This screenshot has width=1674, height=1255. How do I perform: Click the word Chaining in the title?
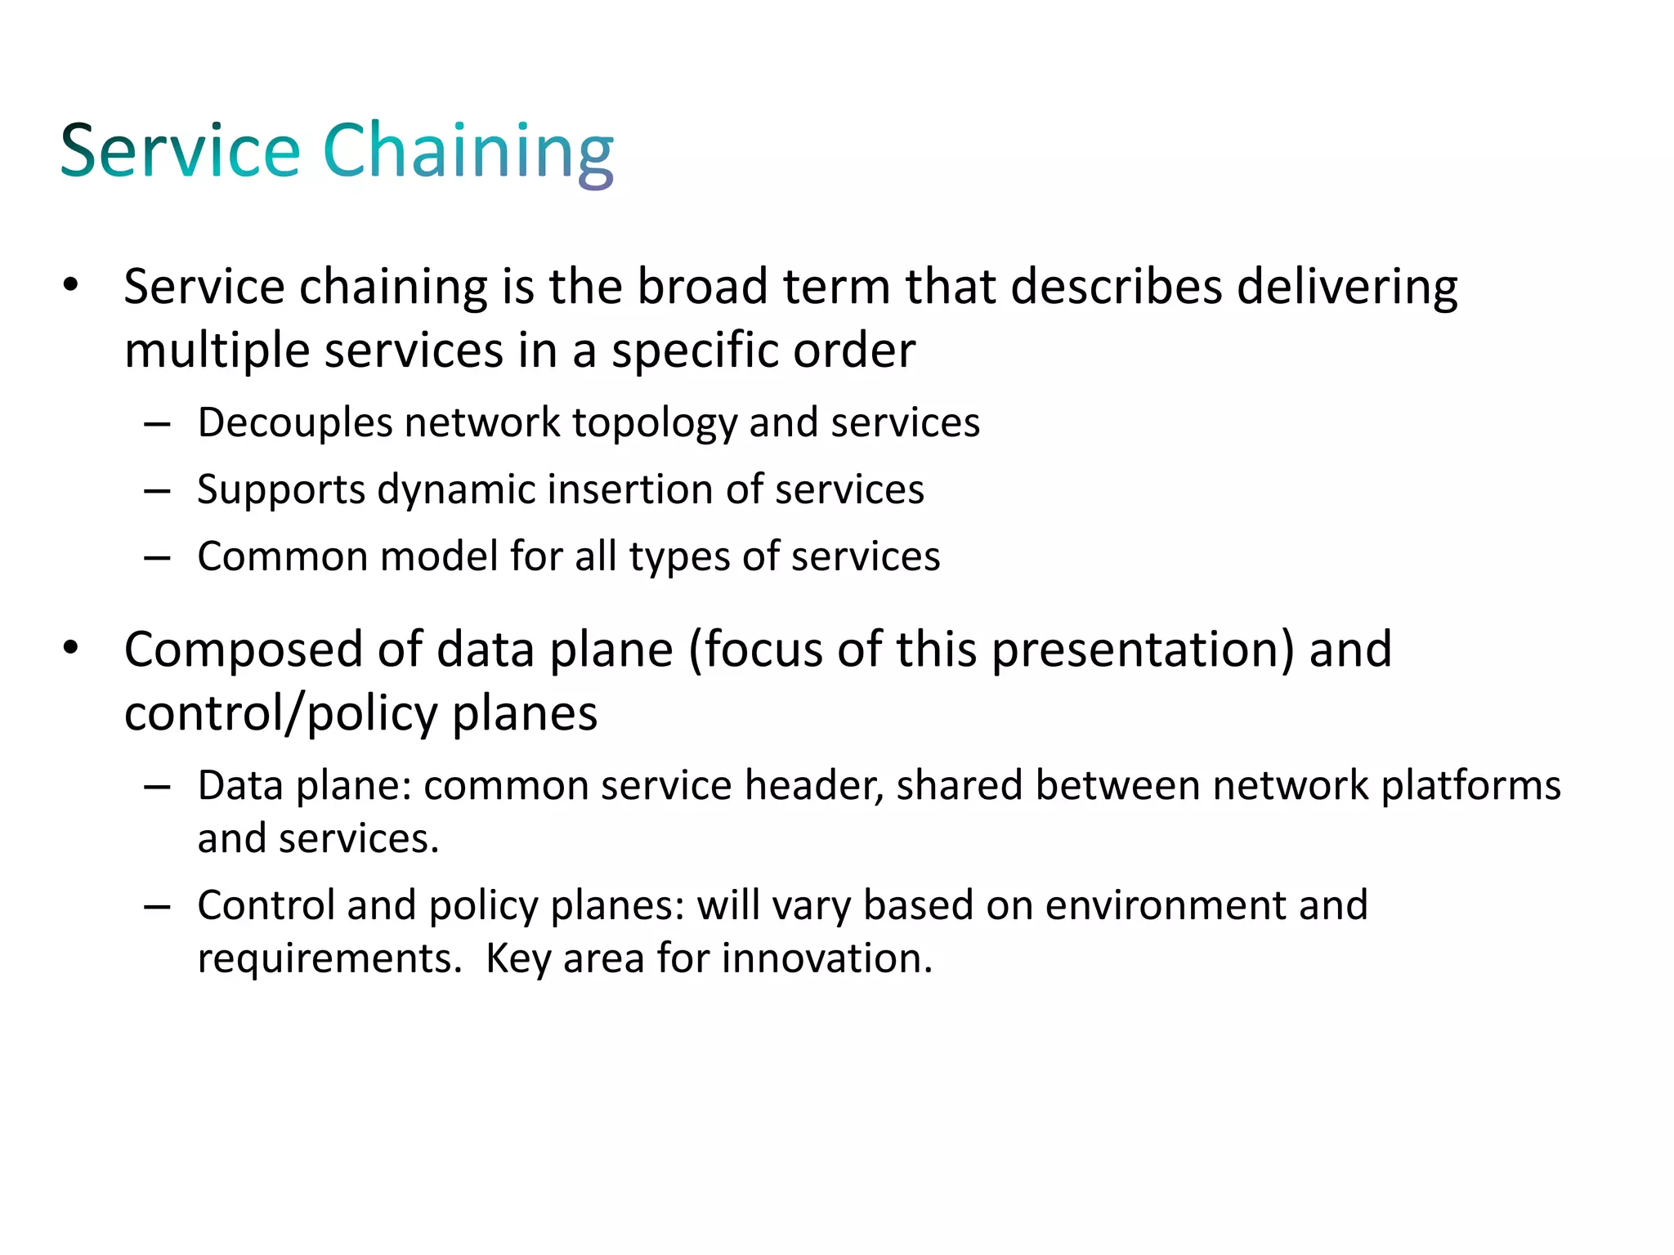[x=468, y=152]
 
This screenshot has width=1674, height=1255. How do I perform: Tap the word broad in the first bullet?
[x=702, y=287]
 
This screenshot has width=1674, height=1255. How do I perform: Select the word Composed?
[x=244, y=650]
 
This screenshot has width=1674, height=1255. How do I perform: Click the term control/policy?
[x=281, y=714]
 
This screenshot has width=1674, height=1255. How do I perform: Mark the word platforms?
[x=1470, y=786]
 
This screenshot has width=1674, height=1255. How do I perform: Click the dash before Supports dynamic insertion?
[x=156, y=491]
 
